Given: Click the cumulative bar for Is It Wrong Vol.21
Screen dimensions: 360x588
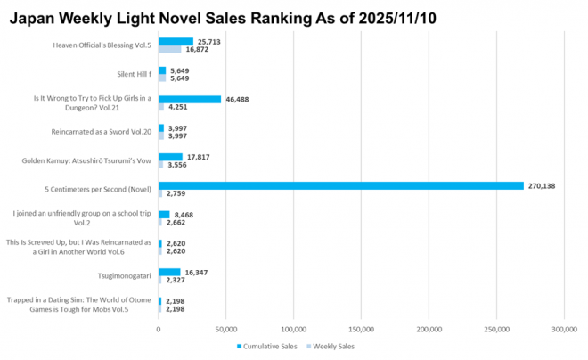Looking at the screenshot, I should (x=190, y=100).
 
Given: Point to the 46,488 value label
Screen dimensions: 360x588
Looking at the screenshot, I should (x=240, y=100).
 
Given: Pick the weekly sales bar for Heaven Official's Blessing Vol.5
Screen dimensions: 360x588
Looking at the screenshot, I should (x=169, y=50).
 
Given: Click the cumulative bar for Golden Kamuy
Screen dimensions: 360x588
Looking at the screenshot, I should (x=170, y=157).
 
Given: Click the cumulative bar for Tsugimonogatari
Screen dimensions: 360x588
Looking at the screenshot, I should (x=169, y=272).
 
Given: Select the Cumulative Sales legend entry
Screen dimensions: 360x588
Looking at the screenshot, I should (x=268, y=346).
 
